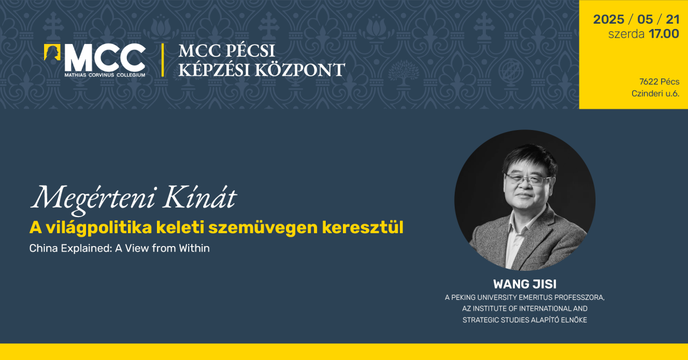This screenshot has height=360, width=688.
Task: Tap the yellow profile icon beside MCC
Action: [52, 52]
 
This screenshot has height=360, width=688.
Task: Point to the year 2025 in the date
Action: [608, 20]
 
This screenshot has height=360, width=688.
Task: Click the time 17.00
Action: [664, 34]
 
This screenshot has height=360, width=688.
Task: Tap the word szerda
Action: [626, 34]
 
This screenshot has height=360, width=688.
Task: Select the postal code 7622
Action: [648, 82]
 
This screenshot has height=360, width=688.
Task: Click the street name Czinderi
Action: [649, 93]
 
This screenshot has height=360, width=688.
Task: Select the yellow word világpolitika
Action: [96, 228]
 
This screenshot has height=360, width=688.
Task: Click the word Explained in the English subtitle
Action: [84, 248]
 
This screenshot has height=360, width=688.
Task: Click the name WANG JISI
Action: [525, 284]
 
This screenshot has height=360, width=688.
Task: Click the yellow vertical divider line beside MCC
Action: [163, 60]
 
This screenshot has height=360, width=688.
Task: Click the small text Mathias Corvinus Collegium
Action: [105, 74]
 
